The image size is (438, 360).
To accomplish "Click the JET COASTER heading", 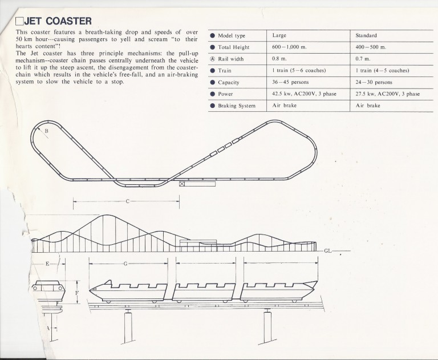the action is point(58,21).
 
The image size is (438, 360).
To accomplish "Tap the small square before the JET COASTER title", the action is point(19,22).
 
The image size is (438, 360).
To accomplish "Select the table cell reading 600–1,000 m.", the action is point(289,47).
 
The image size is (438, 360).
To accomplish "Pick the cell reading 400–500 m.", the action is point(371,47).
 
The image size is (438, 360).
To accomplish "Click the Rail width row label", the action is point(231,59).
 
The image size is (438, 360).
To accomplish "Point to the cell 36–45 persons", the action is point(290,82).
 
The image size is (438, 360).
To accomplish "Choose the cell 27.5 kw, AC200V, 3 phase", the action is point(387,94).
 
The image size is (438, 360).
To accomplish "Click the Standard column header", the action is point(366,35).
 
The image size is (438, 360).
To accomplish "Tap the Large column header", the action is point(279,35).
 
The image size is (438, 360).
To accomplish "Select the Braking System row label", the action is point(237,106).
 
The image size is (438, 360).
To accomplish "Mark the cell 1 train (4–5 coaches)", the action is point(382,70).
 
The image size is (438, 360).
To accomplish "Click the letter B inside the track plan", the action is point(47,131).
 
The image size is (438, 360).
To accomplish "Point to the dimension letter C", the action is point(127,201).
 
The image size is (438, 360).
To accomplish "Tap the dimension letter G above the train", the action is point(125,264).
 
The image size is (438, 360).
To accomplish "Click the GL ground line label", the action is point(328,250).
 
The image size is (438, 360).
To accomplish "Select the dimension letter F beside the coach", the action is point(77,293).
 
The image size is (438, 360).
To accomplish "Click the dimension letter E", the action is point(47,264).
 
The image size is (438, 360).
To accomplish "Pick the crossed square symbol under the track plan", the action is point(182,184).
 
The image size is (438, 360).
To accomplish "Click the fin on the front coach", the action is point(108,283).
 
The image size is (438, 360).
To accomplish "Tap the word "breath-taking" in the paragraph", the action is point(103,32).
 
